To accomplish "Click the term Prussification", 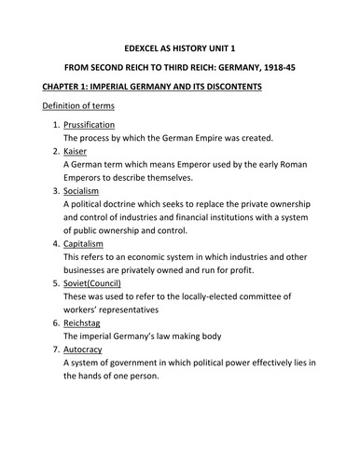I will click(89, 124).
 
